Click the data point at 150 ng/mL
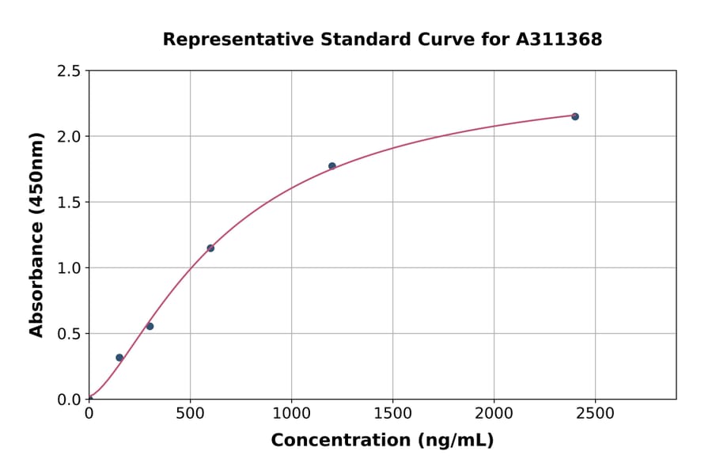pos(119,358)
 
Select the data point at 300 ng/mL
pos(150,326)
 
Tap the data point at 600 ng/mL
pos(210,248)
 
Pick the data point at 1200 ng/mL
pos(332,166)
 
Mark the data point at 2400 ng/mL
pos(575,116)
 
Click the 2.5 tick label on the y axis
pos(70,71)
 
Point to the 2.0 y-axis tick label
pos(70,137)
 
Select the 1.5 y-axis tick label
pos(70,203)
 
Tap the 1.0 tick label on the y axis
pos(70,268)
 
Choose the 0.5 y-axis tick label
pos(70,334)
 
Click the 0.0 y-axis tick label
pos(70,400)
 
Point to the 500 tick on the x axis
pos(190,414)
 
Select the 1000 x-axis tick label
pos(291,414)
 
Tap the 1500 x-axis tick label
pos(392,414)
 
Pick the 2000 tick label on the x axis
pos(494,414)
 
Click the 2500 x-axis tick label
pos(595,414)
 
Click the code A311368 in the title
pos(559,39)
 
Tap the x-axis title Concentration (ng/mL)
pos(382,441)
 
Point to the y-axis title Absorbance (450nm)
pos(36,235)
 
